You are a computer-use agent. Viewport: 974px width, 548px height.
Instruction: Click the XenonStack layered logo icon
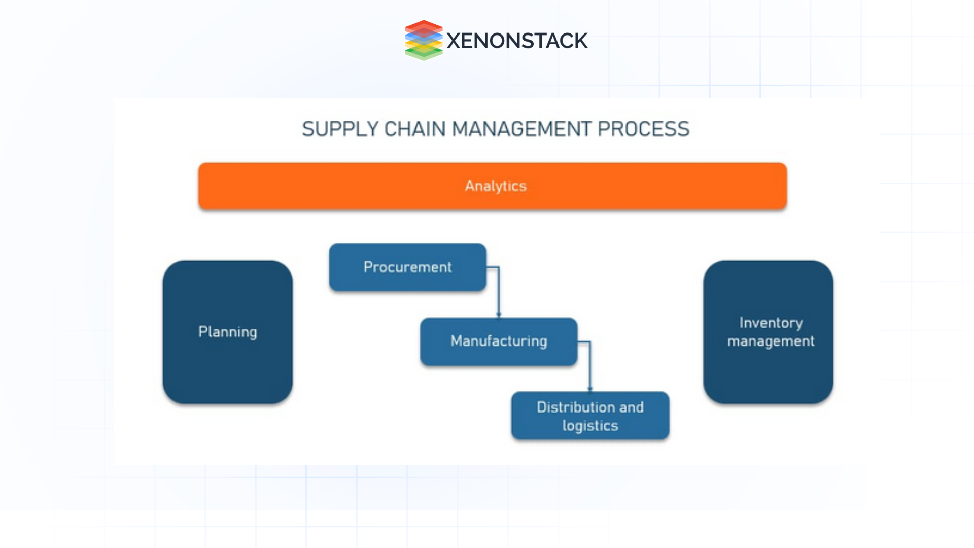tap(424, 40)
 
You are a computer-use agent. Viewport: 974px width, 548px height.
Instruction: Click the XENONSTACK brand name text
tap(517, 41)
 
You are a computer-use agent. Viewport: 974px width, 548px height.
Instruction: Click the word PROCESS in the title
tap(643, 129)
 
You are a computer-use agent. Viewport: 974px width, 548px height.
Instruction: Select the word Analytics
tap(496, 186)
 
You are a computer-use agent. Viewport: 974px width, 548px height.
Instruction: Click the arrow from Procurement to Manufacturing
tap(499, 294)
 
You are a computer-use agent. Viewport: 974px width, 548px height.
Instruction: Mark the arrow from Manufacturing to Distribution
tap(590, 368)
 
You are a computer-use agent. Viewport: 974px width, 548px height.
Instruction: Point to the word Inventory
tap(771, 323)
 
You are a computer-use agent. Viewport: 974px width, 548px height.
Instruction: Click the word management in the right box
tap(771, 341)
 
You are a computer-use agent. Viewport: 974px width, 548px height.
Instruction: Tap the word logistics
tap(590, 426)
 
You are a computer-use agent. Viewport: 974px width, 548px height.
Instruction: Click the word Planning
tap(228, 332)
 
